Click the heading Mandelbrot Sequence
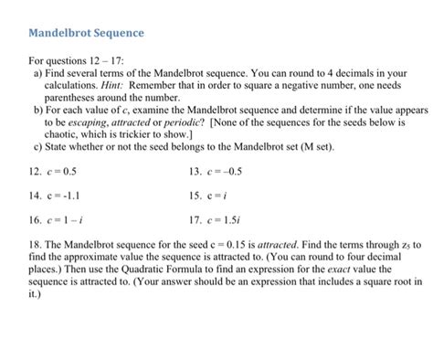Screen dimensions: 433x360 click(x=87, y=34)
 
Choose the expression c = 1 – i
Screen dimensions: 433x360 click(x=60, y=220)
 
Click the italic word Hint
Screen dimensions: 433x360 click(x=126, y=83)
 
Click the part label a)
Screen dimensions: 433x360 click(x=37, y=71)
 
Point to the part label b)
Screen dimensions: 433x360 click(x=37, y=108)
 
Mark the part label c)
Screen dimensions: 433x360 click(x=37, y=144)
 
